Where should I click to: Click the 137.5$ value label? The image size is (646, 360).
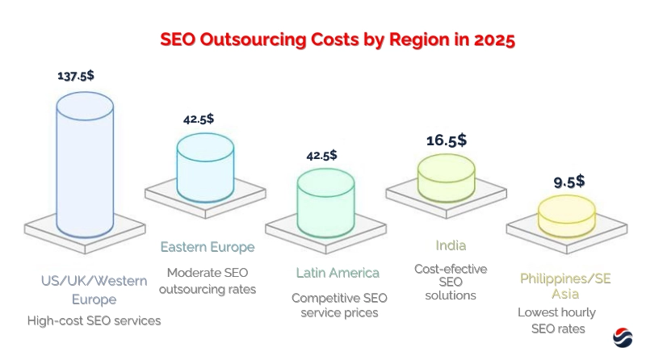pyautogui.click(x=75, y=76)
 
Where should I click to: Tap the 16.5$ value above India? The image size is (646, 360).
pyautogui.click(x=447, y=140)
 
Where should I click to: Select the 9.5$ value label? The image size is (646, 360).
pyautogui.click(x=569, y=182)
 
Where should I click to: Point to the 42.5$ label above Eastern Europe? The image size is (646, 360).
pyautogui.click(x=199, y=119)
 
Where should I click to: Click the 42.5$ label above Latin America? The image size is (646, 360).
pyautogui.click(x=322, y=155)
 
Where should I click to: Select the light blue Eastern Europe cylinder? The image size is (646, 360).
pyautogui.click(x=206, y=168)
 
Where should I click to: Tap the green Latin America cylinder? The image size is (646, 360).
pyautogui.click(x=326, y=202)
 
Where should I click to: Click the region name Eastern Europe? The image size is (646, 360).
pyautogui.click(x=208, y=247)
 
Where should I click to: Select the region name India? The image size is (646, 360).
pyautogui.click(x=450, y=245)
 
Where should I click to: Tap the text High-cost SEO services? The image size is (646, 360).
pyautogui.click(x=94, y=321)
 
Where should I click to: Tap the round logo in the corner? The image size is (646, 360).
pyautogui.click(x=623, y=337)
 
